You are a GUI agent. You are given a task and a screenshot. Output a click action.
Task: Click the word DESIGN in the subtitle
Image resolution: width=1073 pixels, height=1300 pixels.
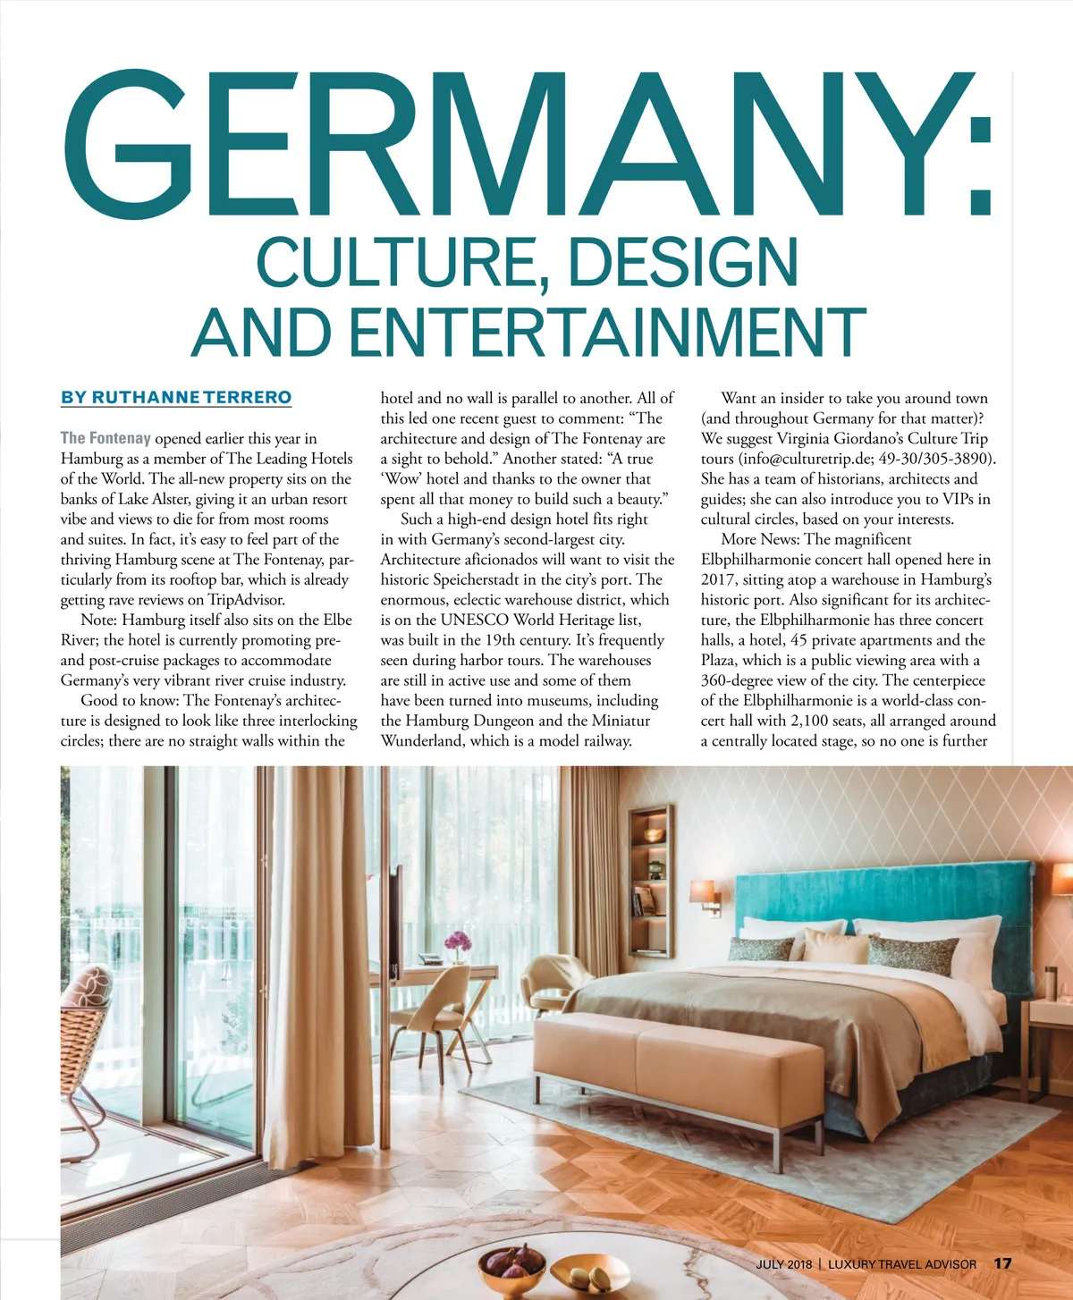pyautogui.click(x=683, y=263)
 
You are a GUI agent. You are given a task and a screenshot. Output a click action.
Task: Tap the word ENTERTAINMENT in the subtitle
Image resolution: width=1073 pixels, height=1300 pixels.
pyautogui.click(x=607, y=333)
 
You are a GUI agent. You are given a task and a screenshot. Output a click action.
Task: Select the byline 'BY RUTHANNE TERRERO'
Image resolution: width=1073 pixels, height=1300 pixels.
pyautogui.click(x=176, y=397)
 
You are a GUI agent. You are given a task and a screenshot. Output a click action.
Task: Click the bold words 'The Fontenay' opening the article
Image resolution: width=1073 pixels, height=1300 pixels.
pyautogui.click(x=106, y=438)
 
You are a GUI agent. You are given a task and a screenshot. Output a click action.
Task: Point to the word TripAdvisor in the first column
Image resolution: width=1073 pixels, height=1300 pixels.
pyautogui.click(x=246, y=600)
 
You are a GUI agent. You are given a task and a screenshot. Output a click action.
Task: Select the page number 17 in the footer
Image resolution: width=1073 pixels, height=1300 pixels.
pyautogui.click(x=1002, y=1263)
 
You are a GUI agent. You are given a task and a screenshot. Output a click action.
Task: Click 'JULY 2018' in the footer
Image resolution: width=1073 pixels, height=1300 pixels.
pyautogui.click(x=784, y=1264)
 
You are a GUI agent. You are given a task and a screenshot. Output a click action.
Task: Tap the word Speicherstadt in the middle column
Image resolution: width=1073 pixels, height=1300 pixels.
pyautogui.click(x=489, y=579)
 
